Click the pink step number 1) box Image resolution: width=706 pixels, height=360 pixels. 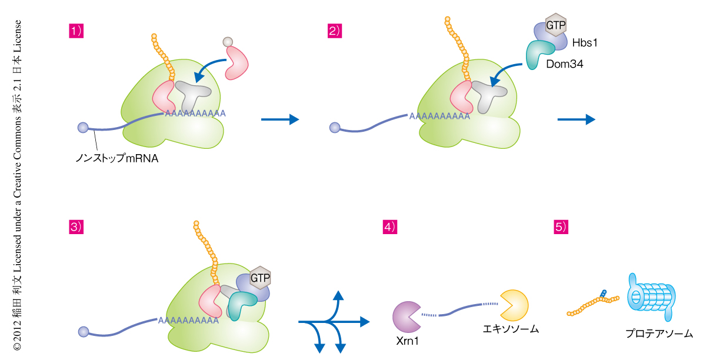click(x=76, y=31)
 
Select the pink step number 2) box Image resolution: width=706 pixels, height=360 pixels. click(x=335, y=31)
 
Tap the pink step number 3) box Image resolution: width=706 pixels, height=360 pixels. click(x=76, y=226)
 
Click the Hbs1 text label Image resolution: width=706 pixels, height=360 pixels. click(x=584, y=42)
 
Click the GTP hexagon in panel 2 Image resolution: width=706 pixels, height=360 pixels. click(x=555, y=26)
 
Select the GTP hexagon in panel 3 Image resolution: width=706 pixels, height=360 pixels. click(x=259, y=276)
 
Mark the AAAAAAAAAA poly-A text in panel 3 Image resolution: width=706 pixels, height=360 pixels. click(x=187, y=321)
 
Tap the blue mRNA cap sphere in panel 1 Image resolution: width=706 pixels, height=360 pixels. click(x=83, y=128)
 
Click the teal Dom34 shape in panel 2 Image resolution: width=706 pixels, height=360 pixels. click(x=537, y=54)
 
